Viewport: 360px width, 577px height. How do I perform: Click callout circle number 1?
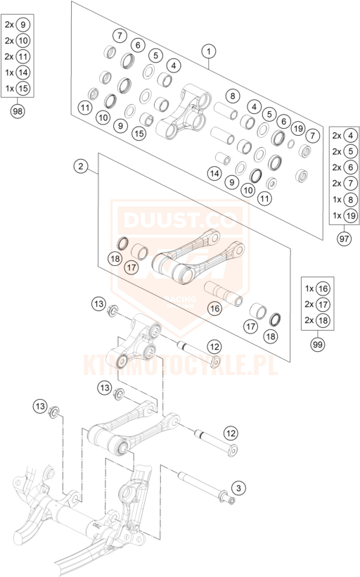coord(209,51)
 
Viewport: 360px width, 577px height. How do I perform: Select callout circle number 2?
coord(81,166)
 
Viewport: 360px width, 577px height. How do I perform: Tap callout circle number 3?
coord(239,488)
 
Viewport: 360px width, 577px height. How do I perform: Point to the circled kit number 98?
coord(18,110)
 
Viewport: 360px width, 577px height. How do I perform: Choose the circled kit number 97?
coord(345,239)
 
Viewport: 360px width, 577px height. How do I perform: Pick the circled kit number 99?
coord(318,344)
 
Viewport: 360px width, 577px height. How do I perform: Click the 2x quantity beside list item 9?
coord(9,25)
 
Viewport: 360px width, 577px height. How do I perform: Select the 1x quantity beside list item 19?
coord(337,215)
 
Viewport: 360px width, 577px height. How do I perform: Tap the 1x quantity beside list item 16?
coord(309,288)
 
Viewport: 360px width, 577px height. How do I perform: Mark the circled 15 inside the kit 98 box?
coord(22,89)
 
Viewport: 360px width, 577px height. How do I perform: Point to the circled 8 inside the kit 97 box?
coord(350,199)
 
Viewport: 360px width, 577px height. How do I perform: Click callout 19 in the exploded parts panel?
coord(298,129)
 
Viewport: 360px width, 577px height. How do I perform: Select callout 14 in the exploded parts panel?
coord(214,173)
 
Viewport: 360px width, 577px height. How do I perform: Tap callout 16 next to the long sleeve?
coord(214,308)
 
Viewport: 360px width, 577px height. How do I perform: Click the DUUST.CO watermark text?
coord(179,220)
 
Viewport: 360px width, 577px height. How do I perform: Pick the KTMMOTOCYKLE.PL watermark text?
coord(180,364)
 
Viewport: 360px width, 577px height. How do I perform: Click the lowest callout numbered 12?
coord(231,433)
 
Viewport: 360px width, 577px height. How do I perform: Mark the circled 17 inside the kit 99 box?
coord(323,304)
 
